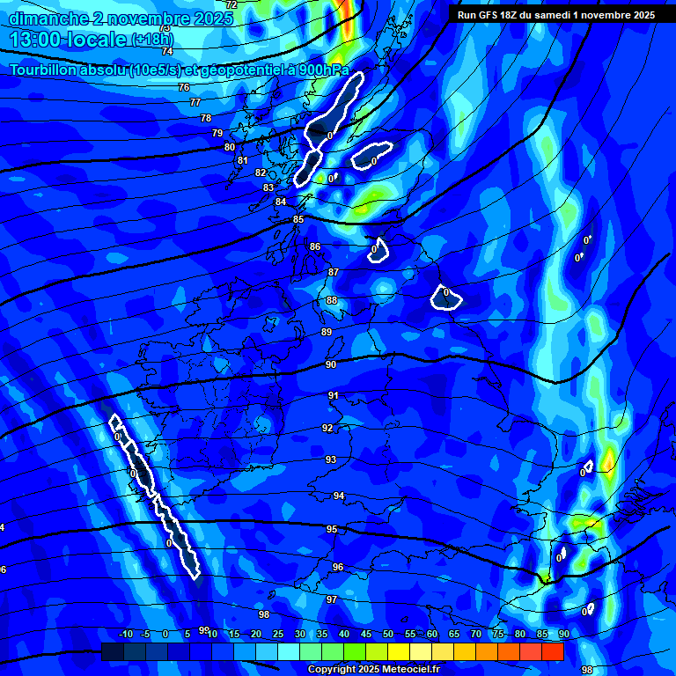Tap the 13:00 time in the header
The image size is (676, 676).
(x=40, y=39)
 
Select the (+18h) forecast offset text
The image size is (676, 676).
(x=152, y=40)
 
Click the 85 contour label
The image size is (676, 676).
(x=298, y=219)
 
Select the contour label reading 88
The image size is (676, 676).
(x=332, y=300)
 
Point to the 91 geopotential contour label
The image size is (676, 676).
(x=334, y=396)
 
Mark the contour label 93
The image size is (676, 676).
(x=331, y=459)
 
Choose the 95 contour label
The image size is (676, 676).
(x=332, y=529)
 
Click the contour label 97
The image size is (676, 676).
(x=332, y=599)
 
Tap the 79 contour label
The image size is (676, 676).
(x=217, y=133)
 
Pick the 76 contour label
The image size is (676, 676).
(x=184, y=87)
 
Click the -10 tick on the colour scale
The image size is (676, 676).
(x=125, y=635)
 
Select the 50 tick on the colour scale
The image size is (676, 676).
(x=388, y=635)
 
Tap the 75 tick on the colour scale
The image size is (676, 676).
(x=498, y=635)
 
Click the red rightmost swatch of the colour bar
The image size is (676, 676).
(x=553, y=651)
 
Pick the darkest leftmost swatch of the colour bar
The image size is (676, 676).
(x=112, y=651)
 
